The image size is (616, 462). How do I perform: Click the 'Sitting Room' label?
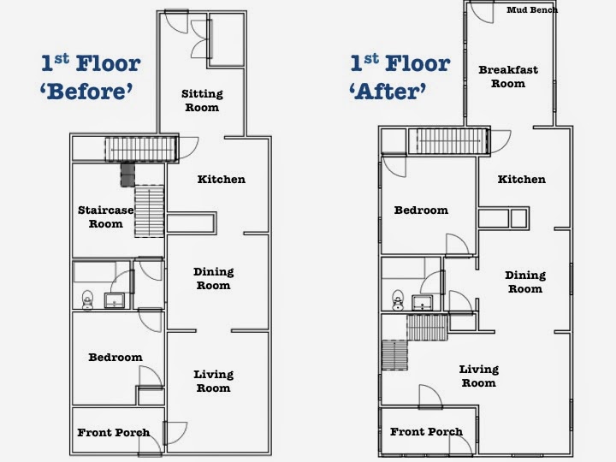(x=201, y=101)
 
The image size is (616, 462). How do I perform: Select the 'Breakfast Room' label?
(x=507, y=77)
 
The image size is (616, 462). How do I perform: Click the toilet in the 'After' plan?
(x=397, y=300)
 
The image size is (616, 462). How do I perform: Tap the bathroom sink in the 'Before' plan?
(x=114, y=299)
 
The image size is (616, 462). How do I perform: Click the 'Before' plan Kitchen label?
(x=221, y=180)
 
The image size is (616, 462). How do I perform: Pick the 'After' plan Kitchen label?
(x=521, y=180)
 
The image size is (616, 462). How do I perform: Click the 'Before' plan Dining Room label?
(x=213, y=279)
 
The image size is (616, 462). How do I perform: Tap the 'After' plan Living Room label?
(x=478, y=376)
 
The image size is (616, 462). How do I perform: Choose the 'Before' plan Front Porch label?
(x=113, y=433)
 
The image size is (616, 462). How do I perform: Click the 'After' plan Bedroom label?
(x=421, y=210)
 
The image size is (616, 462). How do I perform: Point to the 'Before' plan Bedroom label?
(x=115, y=358)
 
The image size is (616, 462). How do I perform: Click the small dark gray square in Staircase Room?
(x=127, y=175)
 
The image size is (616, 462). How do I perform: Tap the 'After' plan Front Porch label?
(x=426, y=432)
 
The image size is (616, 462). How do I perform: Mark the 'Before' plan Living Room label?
(x=213, y=382)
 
